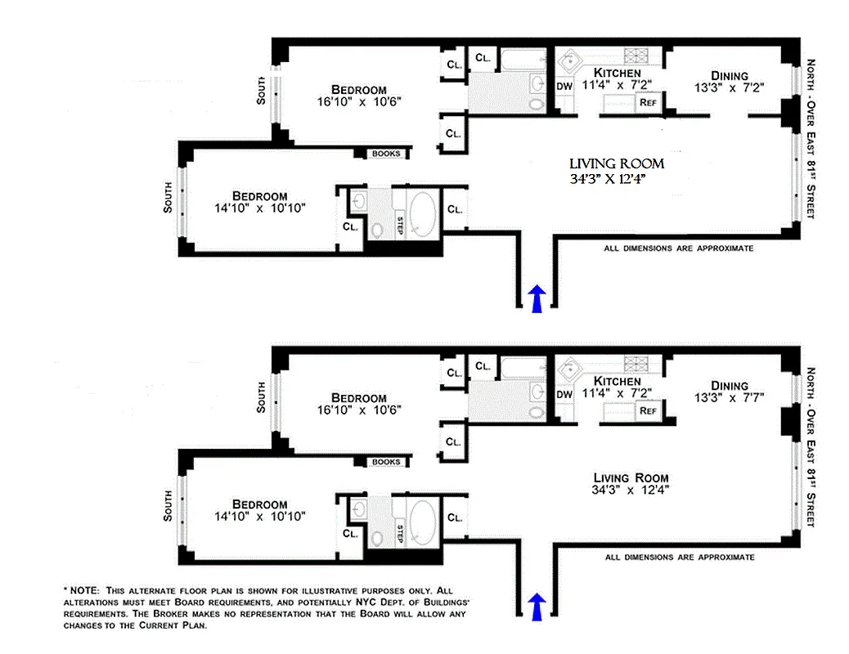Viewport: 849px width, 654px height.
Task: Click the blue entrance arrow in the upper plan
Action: (x=537, y=298)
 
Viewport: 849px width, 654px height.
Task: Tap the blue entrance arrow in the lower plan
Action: (x=537, y=607)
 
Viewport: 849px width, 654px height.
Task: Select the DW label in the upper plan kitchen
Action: (x=564, y=85)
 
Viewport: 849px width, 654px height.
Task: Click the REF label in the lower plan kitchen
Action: (x=649, y=410)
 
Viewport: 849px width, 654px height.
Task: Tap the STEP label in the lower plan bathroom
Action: (x=400, y=534)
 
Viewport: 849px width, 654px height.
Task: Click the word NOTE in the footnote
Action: (x=85, y=589)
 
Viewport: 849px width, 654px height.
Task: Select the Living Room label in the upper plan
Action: (x=617, y=164)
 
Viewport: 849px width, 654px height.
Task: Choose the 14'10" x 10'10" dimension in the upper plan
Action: (x=258, y=208)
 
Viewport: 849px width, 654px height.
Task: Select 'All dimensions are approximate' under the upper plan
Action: (x=678, y=248)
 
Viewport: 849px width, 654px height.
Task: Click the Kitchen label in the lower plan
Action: (x=617, y=382)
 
